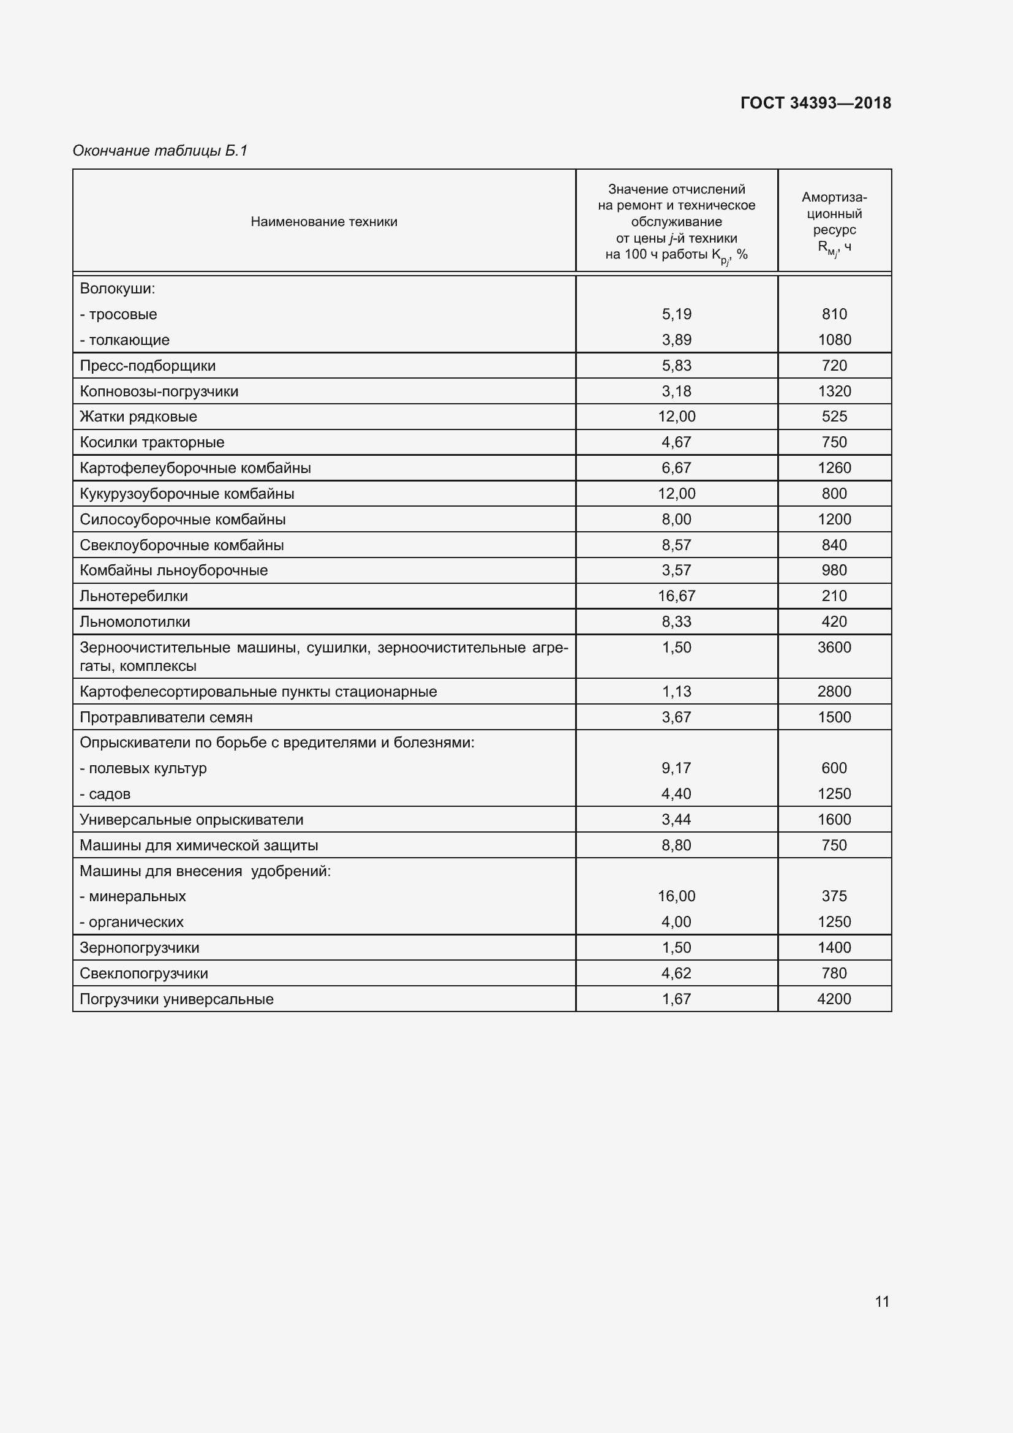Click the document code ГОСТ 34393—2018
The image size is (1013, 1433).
click(815, 103)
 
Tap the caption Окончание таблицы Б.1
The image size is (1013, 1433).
click(160, 151)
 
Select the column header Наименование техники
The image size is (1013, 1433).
click(324, 222)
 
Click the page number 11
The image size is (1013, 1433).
click(881, 1301)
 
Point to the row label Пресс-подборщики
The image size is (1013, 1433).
click(148, 366)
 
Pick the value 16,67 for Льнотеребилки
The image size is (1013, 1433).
click(676, 596)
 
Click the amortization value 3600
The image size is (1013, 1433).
click(834, 647)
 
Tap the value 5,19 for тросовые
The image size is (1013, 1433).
click(676, 314)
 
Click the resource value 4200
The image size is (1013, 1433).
click(834, 999)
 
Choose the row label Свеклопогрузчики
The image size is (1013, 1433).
click(144, 973)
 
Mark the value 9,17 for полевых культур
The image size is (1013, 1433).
click(676, 768)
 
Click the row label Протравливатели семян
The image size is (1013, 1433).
click(167, 717)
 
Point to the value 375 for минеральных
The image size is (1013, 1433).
click(834, 896)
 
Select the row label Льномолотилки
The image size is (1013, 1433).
click(135, 622)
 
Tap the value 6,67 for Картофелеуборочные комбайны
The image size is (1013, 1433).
click(676, 468)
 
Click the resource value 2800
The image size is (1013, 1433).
click(834, 692)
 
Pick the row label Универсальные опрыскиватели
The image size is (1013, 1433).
click(192, 820)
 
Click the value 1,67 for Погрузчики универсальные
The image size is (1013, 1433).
click(676, 999)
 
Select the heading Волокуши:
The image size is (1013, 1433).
click(117, 289)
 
